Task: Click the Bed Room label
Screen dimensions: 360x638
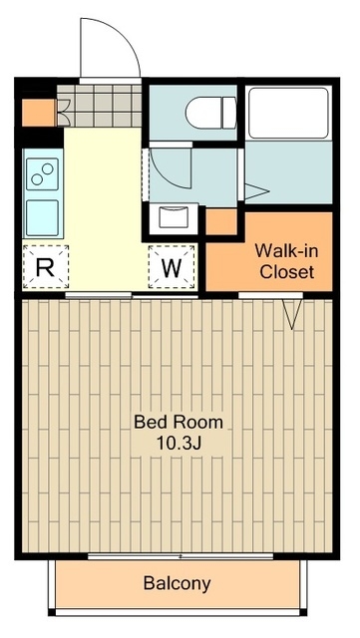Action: [179, 423]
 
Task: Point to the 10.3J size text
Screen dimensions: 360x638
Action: [179, 444]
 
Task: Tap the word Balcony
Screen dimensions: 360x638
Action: [178, 583]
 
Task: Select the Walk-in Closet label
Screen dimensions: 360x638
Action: [286, 261]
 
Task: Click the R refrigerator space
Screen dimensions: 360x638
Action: [45, 267]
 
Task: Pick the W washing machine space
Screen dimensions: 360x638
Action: [172, 267]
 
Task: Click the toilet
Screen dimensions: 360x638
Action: [211, 113]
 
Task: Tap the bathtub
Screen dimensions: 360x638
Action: [288, 113]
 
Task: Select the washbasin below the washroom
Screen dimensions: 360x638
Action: [174, 217]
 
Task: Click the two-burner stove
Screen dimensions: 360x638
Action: [42, 174]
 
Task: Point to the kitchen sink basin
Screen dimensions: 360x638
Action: [42, 217]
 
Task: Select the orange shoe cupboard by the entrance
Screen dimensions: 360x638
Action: [38, 113]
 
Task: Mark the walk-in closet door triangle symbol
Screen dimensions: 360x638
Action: [293, 314]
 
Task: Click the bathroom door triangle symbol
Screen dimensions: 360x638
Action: [256, 191]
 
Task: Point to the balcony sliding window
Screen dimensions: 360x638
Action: [180, 556]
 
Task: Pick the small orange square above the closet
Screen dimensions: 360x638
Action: [221, 221]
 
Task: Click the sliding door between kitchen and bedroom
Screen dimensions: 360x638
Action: [132, 296]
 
